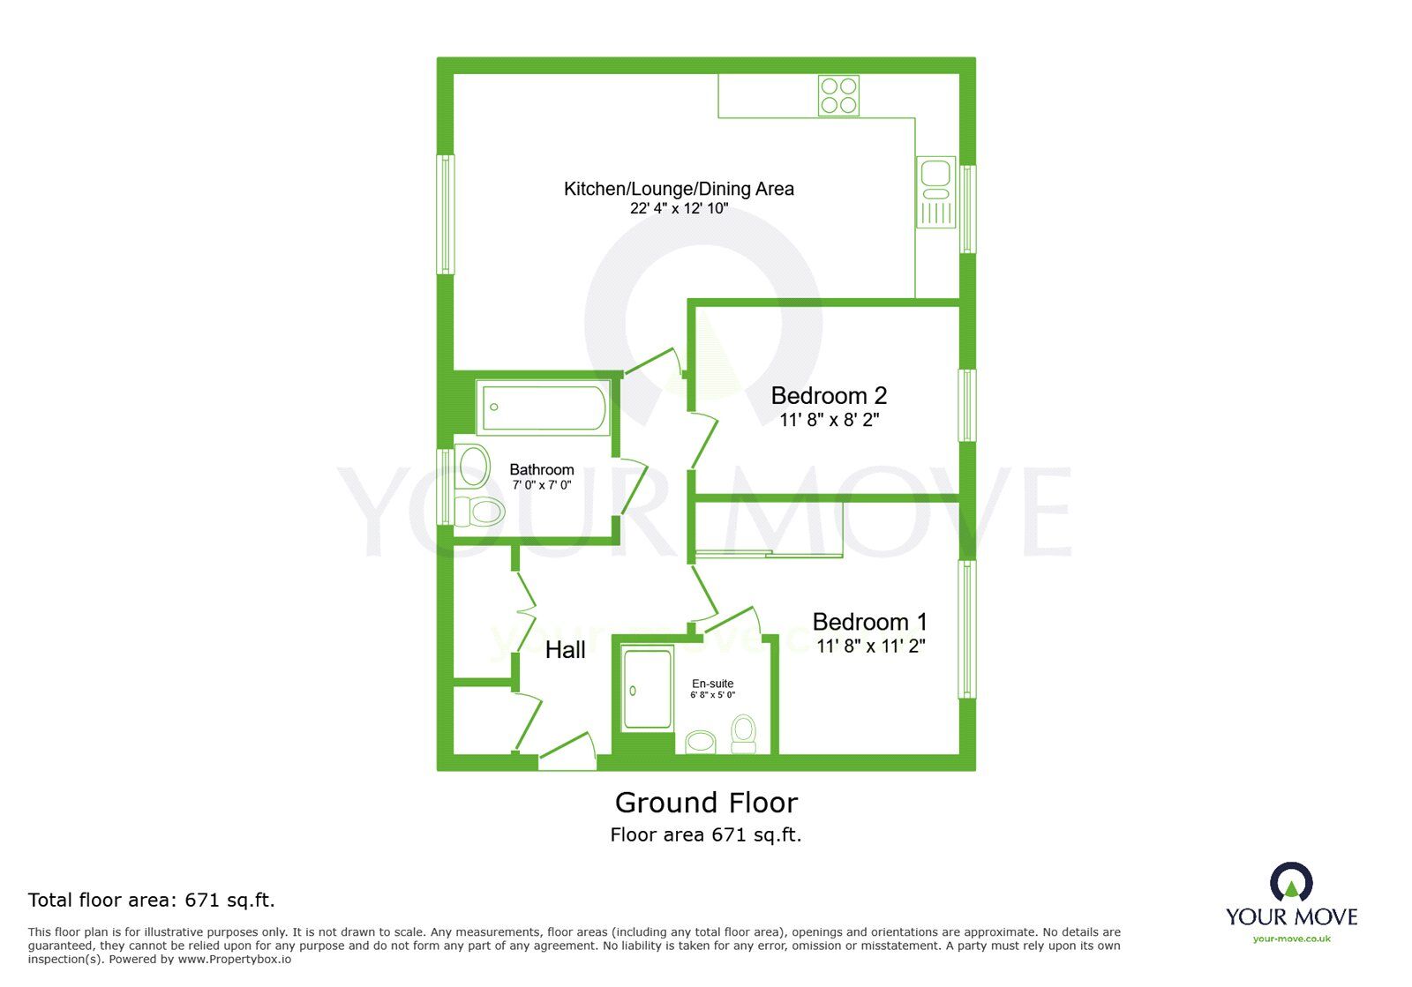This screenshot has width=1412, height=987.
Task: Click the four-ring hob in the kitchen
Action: pos(838,96)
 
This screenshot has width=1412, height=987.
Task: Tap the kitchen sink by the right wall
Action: pos(935,191)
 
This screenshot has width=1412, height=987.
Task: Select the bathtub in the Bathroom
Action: pos(544,408)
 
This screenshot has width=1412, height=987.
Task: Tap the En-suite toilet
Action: pos(744,735)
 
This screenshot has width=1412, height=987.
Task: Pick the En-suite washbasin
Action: pos(702,741)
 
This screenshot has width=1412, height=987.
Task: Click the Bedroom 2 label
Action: pos(829,395)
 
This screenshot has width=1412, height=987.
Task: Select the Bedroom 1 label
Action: pos(869,622)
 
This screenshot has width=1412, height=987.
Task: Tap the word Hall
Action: pos(565,650)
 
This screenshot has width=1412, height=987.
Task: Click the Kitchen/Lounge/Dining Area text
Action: pos(679,189)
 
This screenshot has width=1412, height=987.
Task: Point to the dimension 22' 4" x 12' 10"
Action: pos(679,209)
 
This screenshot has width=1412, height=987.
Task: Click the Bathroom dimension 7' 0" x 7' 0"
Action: pos(541,485)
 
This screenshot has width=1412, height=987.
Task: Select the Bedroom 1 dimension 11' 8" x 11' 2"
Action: pos(870,647)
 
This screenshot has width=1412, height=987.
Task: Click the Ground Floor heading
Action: pos(706,803)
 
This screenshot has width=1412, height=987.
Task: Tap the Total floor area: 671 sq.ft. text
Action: pos(152,901)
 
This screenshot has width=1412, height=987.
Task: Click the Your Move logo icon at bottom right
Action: pos(1291,882)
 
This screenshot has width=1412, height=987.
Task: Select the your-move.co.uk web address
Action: pos(1291,938)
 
